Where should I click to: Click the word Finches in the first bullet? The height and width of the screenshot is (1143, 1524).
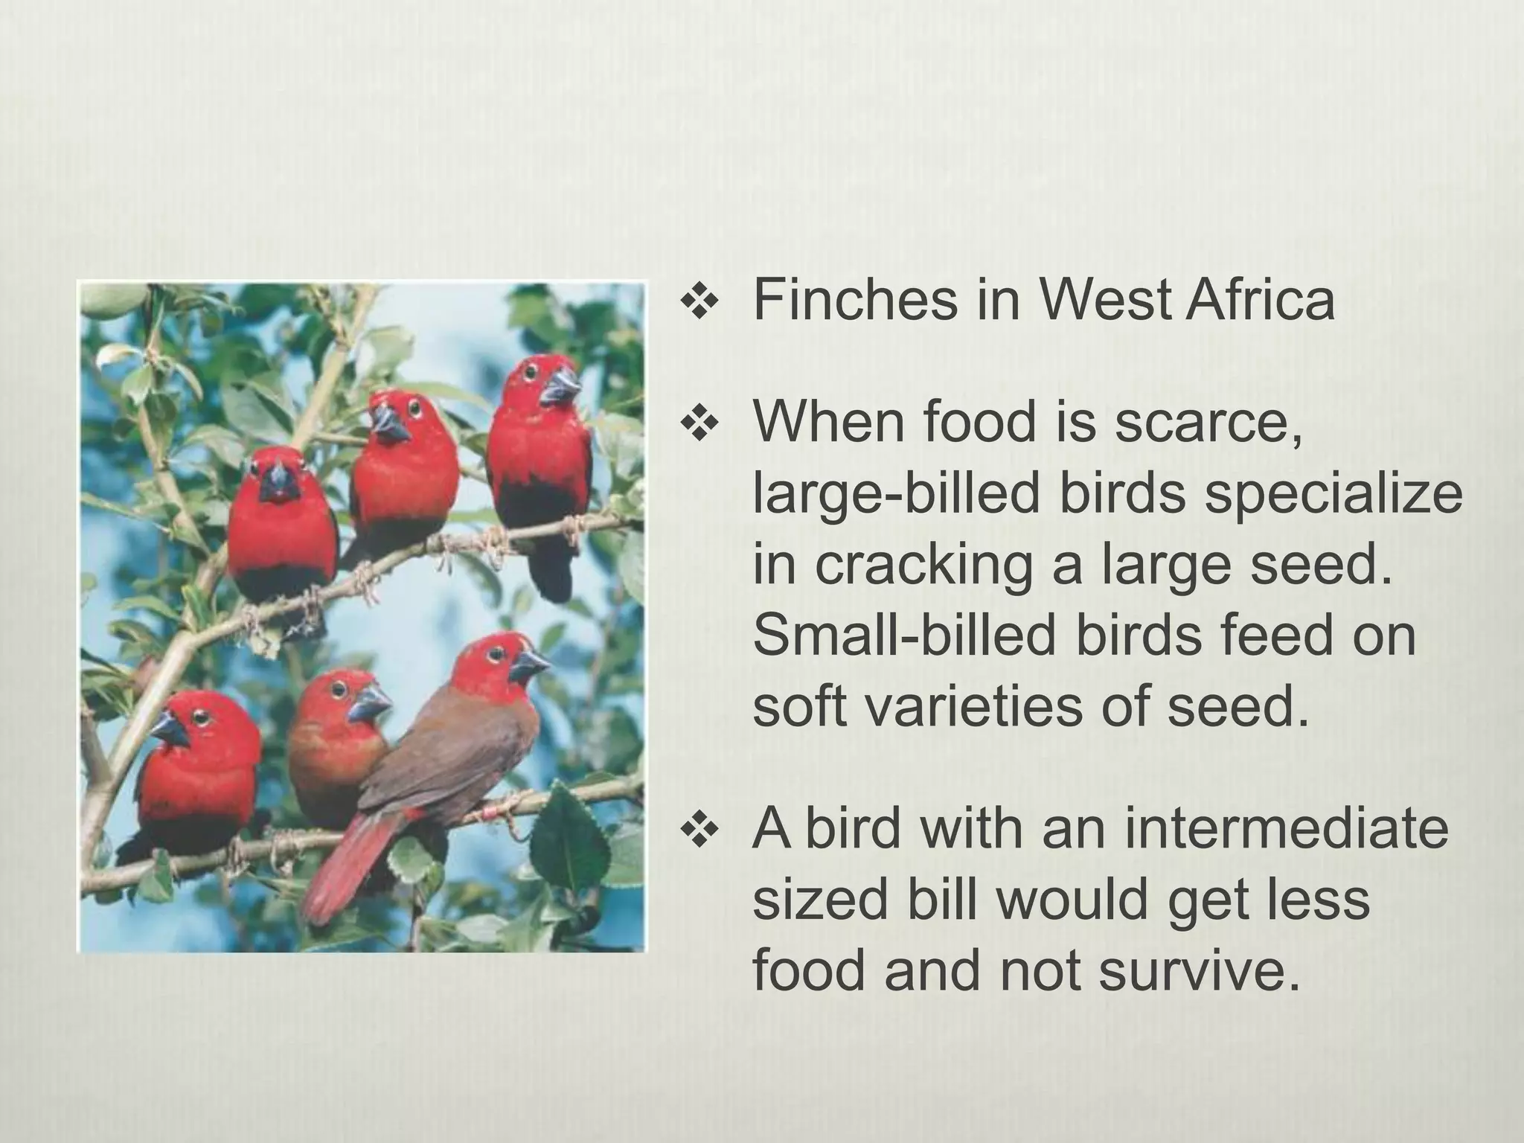point(855,300)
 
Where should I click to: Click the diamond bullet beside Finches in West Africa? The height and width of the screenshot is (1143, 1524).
point(697,303)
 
